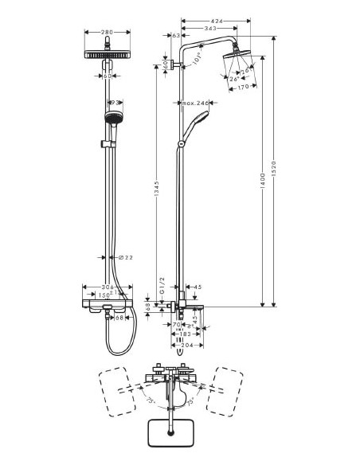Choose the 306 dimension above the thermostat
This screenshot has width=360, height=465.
coord(111,287)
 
